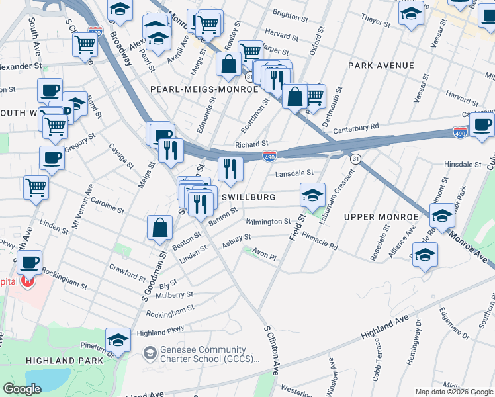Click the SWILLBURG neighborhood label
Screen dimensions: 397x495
point(248,197)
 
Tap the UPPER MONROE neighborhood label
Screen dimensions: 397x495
point(381,217)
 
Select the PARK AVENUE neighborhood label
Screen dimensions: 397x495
point(381,66)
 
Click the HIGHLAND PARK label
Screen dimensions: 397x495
point(65,360)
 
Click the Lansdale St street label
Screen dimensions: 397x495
point(294,173)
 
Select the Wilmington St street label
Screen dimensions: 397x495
point(268,222)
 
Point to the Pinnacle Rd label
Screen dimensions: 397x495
point(320,241)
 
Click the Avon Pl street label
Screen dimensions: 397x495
point(263,256)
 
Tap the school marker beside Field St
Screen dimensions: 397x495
point(312,194)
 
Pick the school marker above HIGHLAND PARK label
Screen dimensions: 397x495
point(118,339)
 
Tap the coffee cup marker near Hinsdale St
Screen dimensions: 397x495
point(481,124)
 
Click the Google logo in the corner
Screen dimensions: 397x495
point(22,389)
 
